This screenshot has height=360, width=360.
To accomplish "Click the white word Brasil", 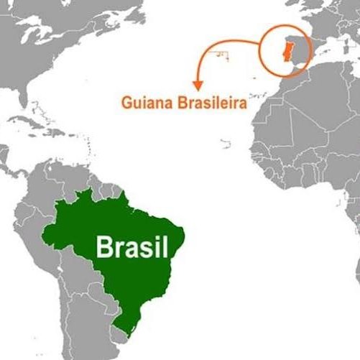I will point(131,248).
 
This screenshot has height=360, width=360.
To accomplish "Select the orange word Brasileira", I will point(208,103).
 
